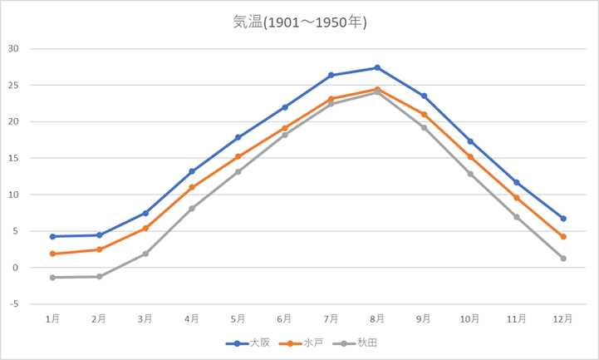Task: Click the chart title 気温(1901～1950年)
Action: pos(299,22)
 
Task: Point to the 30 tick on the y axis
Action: pos(13,48)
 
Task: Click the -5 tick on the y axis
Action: pos(13,304)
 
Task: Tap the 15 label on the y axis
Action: pos(13,158)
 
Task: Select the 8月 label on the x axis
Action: pos(377,318)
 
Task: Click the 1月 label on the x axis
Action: pos(52,318)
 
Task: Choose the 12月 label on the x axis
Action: pos(562,318)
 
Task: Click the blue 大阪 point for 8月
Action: pos(377,67)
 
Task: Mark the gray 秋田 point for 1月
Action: pos(52,278)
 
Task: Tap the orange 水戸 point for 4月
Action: pos(192,187)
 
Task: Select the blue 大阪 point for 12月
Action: pos(563,219)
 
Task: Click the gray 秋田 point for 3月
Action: pos(145,254)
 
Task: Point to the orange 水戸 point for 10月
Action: pos(470,157)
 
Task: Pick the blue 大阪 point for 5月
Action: pos(238,137)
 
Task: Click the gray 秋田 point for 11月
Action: pos(517,217)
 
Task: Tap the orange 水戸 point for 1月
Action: pos(52,254)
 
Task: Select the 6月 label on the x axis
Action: pos(284,318)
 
